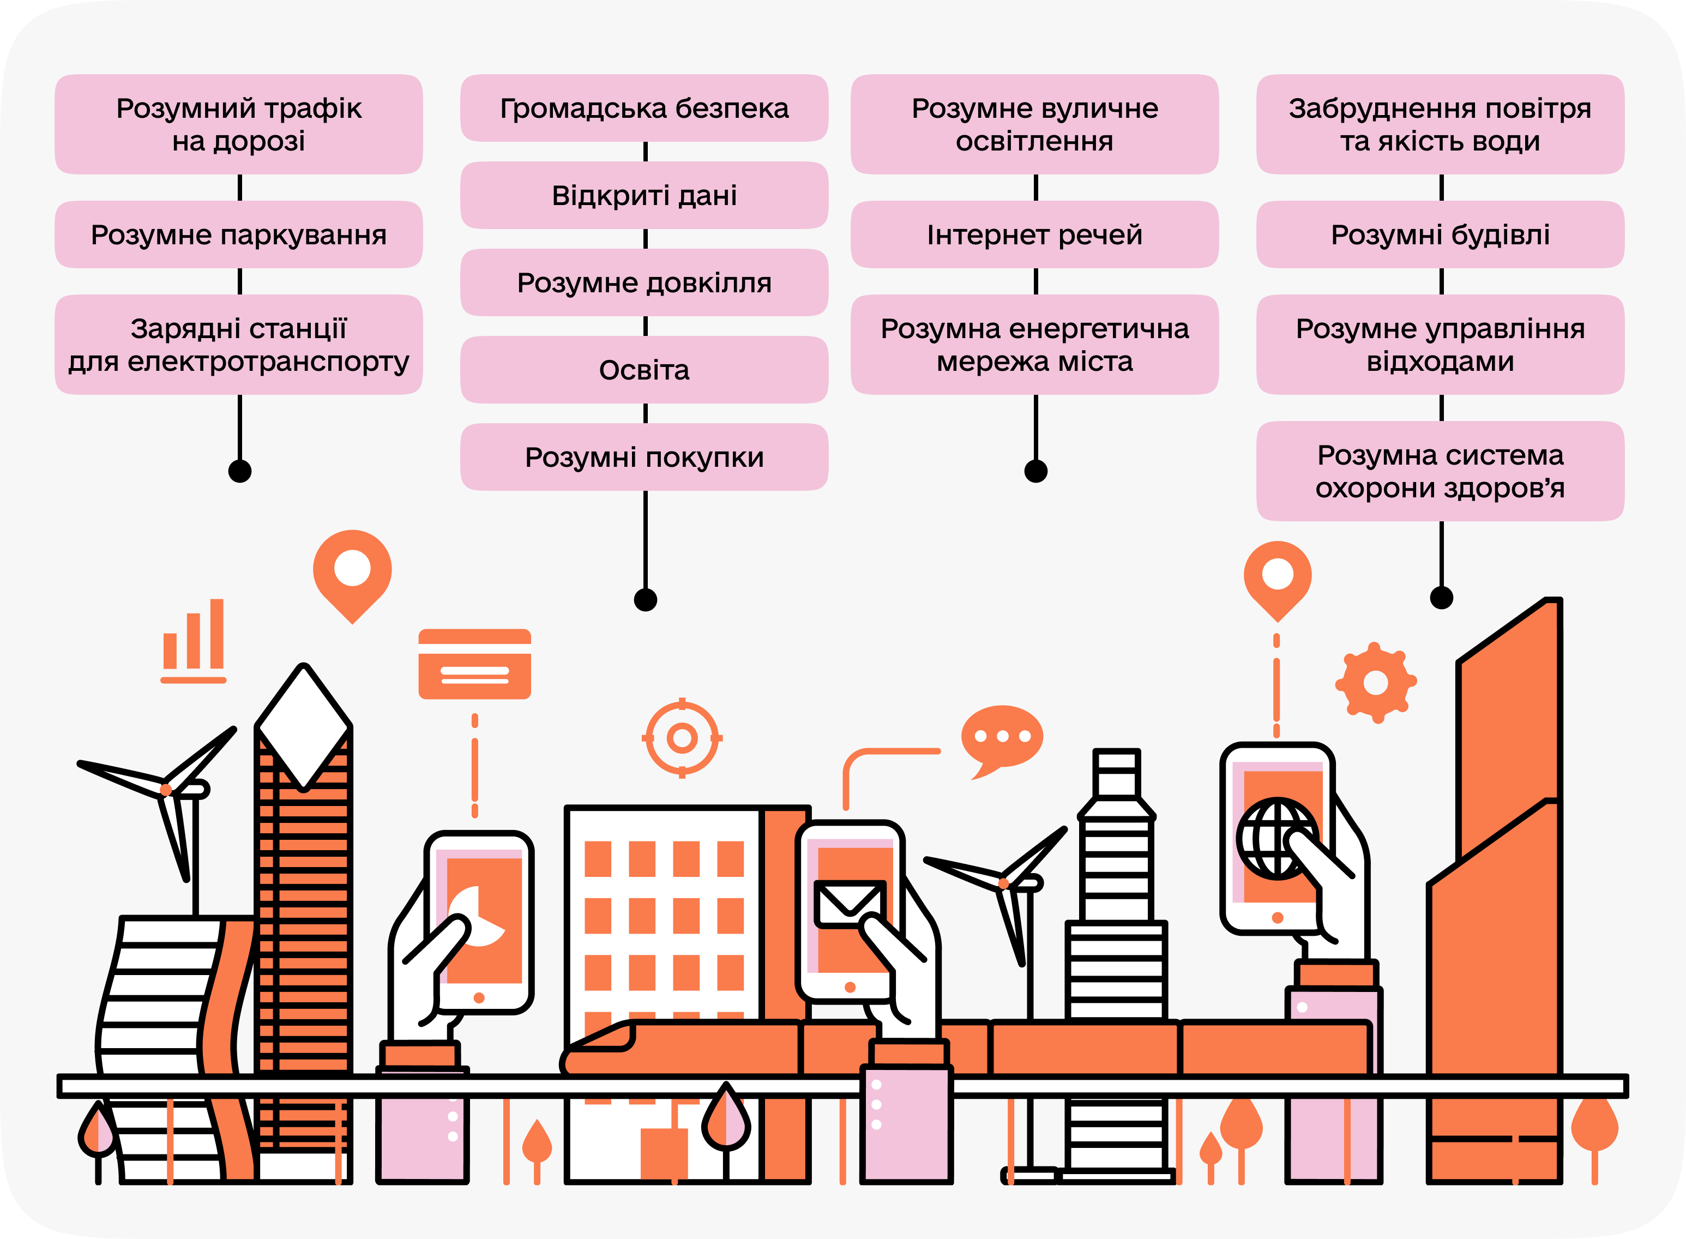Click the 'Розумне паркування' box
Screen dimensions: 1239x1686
pos(238,234)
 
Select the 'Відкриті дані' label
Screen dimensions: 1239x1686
pos(645,196)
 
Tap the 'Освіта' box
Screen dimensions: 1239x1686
pos(645,370)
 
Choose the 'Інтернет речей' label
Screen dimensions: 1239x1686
pos(1034,234)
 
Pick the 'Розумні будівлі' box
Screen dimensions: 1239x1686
pos(1440,234)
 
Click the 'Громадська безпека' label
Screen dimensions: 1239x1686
pos(645,109)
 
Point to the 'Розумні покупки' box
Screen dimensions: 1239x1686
pos(645,458)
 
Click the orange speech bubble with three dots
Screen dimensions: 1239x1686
pos(1002,738)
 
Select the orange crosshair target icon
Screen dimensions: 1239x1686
pos(682,738)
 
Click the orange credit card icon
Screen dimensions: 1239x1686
pos(475,664)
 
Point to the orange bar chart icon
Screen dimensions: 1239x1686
pos(194,641)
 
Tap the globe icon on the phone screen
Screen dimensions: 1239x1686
pos(1276,839)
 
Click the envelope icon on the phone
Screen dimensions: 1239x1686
pos(849,904)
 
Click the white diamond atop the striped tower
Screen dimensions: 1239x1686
pos(304,726)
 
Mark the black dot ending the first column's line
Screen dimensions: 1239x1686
pos(239,471)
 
